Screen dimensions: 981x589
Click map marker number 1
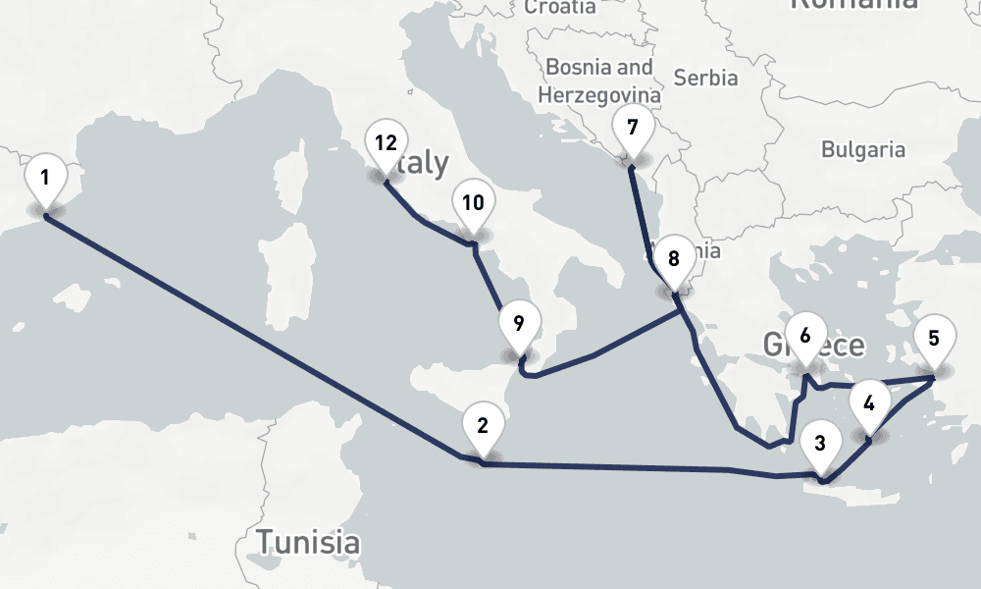click(45, 179)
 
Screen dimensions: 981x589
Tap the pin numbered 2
click(482, 426)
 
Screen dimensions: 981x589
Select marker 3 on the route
click(820, 443)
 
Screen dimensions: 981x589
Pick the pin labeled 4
click(869, 402)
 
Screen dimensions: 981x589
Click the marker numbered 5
click(933, 340)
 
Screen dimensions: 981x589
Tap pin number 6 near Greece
click(805, 336)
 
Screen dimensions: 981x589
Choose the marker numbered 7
click(632, 129)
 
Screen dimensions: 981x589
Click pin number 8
click(673, 260)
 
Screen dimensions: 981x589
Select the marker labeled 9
click(519, 323)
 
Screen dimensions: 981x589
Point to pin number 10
click(473, 204)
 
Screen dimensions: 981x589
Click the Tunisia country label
click(307, 541)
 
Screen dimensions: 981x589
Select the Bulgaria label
click(863, 150)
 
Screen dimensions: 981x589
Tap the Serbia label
click(705, 78)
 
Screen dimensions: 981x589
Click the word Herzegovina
click(595, 94)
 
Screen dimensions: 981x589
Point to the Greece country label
click(814, 346)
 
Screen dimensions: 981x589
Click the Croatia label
click(559, 8)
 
